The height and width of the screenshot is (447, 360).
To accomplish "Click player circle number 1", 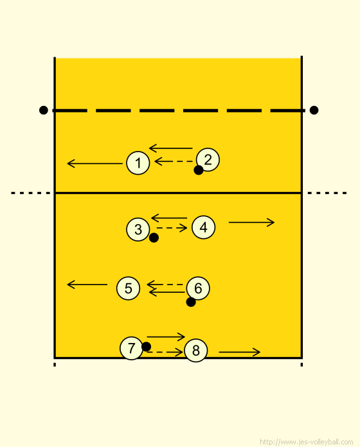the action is (x=138, y=162).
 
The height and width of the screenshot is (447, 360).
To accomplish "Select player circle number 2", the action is (x=208, y=160).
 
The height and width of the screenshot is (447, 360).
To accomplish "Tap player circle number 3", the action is (x=138, y=229).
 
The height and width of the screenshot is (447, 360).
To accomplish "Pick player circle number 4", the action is (x=203, y=227).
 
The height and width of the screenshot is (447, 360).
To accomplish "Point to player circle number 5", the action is (x=129, y=288).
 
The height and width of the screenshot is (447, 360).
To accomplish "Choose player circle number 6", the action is (x=198, y=288).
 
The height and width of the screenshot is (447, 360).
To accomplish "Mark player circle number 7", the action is (x=132, y=348).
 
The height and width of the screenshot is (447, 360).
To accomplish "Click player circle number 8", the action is (x=196, y=351).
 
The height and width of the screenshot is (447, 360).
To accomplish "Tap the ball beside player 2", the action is (x=199, y=170).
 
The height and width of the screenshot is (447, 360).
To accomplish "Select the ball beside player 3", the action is (x=154, y=238).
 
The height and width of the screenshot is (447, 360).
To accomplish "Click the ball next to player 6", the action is (x=191, y=302).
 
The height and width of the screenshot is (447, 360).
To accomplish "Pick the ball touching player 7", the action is (x=146, y=347).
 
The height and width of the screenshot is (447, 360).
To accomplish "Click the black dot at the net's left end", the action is (x=43, y=110).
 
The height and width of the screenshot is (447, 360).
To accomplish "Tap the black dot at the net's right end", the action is (x=314, y=110).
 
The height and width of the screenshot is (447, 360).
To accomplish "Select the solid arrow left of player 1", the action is (x=94, y=164).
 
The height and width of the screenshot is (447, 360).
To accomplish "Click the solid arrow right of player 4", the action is (x=251, y=222).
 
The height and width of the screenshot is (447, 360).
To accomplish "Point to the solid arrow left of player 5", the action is (x=87, y=285).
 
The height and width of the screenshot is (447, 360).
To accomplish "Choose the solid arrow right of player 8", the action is (x=239, y=352).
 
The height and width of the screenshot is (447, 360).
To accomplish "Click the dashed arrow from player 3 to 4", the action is (x=172, y=228).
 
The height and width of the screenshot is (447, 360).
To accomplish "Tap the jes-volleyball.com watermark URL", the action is (x=307, y=442).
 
